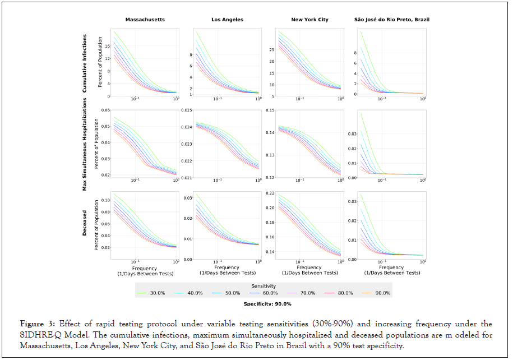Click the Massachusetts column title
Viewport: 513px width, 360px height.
coord(145,20)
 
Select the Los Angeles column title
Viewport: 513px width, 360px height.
coord(227,20)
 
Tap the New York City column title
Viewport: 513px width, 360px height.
coord(309,20)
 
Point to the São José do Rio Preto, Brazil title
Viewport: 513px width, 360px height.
coord(392,20)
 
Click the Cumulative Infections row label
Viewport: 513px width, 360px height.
coord(85,63)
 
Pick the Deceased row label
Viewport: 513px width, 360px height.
coord(85,223)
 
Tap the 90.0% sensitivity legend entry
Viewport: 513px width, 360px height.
coord(379,293)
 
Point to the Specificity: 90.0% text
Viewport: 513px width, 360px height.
coord(267,304)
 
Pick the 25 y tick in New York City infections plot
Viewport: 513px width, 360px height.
coord(271,50)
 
